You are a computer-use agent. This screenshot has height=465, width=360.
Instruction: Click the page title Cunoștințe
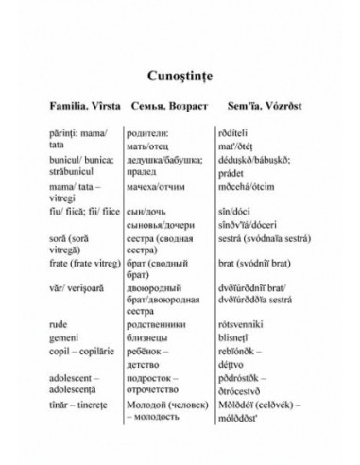point(179,70)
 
